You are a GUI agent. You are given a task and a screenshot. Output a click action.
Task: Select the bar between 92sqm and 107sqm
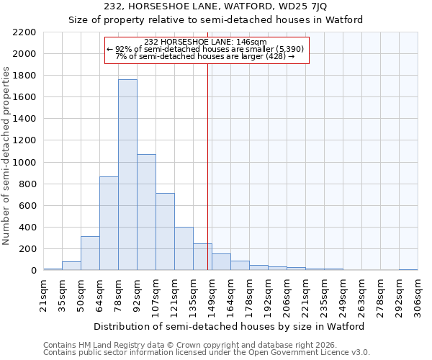point(146,212)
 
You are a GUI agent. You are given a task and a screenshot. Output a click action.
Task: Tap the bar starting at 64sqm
point(109,223)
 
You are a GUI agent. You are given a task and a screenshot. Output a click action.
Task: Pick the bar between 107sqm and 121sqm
point(165,232)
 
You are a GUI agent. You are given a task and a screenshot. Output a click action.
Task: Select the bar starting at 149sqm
point(221,262)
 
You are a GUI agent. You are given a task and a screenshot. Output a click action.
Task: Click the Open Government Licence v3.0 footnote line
point(207,353)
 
